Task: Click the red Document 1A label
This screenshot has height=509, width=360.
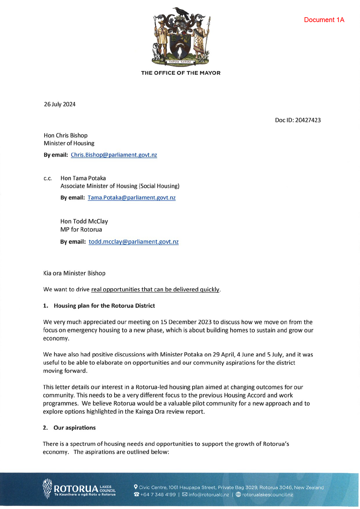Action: [x=324, y=20]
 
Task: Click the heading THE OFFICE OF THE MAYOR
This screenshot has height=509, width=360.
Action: [x=181, y=73]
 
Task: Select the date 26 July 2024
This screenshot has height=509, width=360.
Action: [x=60, y=104]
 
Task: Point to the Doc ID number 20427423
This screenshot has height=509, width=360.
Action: [x=308, y=120]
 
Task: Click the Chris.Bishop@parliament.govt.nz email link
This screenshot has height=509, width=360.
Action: [x=114, y=155]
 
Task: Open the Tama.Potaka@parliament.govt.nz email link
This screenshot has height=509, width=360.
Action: [x=132, y=198]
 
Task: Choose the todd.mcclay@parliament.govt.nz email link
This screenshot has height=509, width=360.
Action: [x=133, y=242]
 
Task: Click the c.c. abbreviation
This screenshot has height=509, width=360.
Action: [x=48, y=179]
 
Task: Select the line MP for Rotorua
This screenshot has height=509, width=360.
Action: [x=81, y=229]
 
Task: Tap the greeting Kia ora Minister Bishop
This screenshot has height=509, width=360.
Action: [x=74, y=273]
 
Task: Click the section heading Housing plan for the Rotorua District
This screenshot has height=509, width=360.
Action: [x=104, y=306]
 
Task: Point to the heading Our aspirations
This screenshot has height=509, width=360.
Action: [x=74, y=428]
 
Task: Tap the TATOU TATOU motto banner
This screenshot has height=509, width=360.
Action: [x=180, y=62]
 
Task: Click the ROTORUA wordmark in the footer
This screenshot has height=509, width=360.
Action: [x=76, y=489]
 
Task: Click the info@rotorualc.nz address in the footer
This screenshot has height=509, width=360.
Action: [x=208, y=495]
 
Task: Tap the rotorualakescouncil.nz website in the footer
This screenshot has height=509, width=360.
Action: [x=267, y=495]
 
